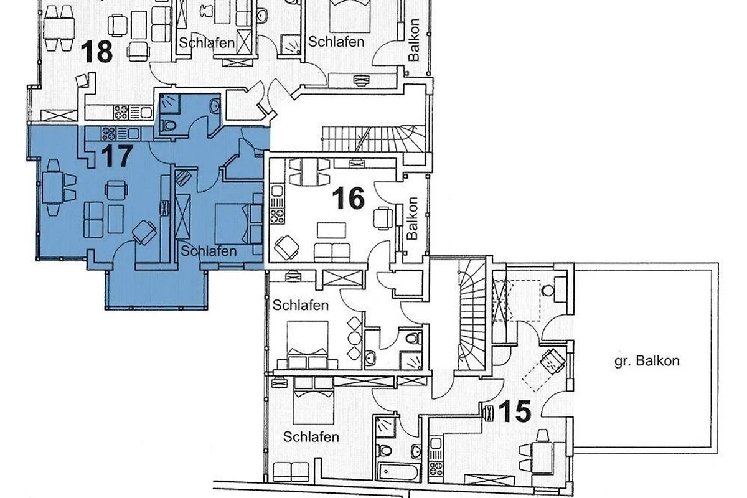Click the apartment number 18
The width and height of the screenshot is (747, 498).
96,52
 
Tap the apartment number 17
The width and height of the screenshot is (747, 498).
117,156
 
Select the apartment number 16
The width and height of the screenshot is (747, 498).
348,198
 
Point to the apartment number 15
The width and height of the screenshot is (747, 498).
515,411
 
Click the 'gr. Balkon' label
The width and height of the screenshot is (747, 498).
647,361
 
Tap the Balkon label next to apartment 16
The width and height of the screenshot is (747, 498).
413,218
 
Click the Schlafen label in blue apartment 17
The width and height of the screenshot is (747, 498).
209,251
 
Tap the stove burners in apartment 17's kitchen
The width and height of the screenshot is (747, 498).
108,134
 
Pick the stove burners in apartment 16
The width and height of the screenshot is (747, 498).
278,216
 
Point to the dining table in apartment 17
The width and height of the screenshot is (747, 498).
53,187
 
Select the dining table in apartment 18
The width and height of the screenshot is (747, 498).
59,28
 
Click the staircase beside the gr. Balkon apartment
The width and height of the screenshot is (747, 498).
472,315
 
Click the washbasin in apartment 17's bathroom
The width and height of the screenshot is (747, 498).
214,106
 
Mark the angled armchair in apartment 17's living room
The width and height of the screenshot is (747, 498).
144,232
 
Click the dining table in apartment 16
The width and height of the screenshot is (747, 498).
310,172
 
